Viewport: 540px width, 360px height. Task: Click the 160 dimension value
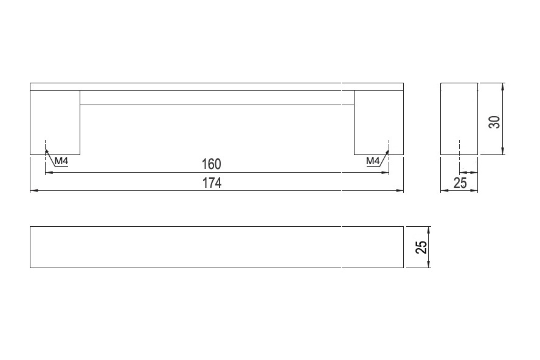tap(211, 164)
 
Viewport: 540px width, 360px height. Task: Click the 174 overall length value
tap(212, 182)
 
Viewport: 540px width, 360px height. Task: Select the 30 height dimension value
tap(494, 122)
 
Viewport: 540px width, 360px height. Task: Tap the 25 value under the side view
tap(460, 182)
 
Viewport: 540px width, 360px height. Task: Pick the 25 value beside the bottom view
tap(421, 247)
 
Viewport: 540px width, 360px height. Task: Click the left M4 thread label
tap(61, 161)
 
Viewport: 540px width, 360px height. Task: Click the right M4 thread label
tap(373, 161)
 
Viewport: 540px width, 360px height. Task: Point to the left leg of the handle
tap(55, 122)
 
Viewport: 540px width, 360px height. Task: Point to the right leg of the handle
tap(378, 122)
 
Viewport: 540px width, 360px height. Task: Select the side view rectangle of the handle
tap(459, 119)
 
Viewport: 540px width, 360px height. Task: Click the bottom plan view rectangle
tap(216, 247)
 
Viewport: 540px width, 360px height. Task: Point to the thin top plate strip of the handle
tap(216, 86)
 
